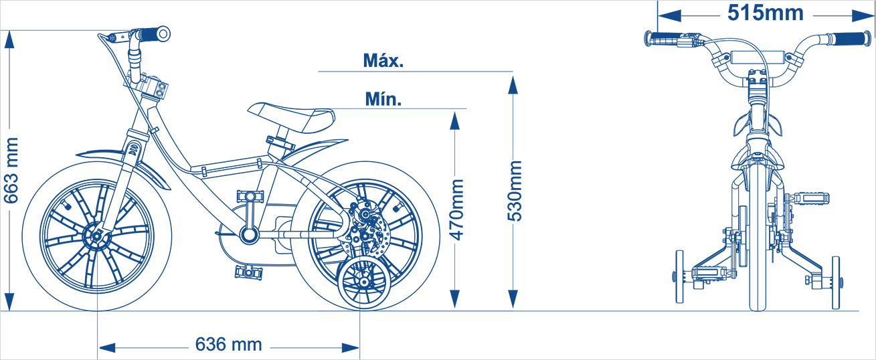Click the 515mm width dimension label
coord(766,13)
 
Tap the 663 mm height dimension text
coord(11,171)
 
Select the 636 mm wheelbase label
coord(229,345)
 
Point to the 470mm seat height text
coord(456,209)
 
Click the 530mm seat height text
coord(515,191)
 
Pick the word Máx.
coord(383,61)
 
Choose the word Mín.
coord(383,99)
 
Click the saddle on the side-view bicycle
coord(292,116)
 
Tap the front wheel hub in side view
coord(96,236)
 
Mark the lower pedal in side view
coord(249,272)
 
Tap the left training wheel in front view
coord(680,277)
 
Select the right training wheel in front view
coord(835,282)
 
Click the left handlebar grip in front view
coord(663,39)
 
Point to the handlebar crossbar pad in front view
coord(758,57)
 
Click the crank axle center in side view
coord(249,234)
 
